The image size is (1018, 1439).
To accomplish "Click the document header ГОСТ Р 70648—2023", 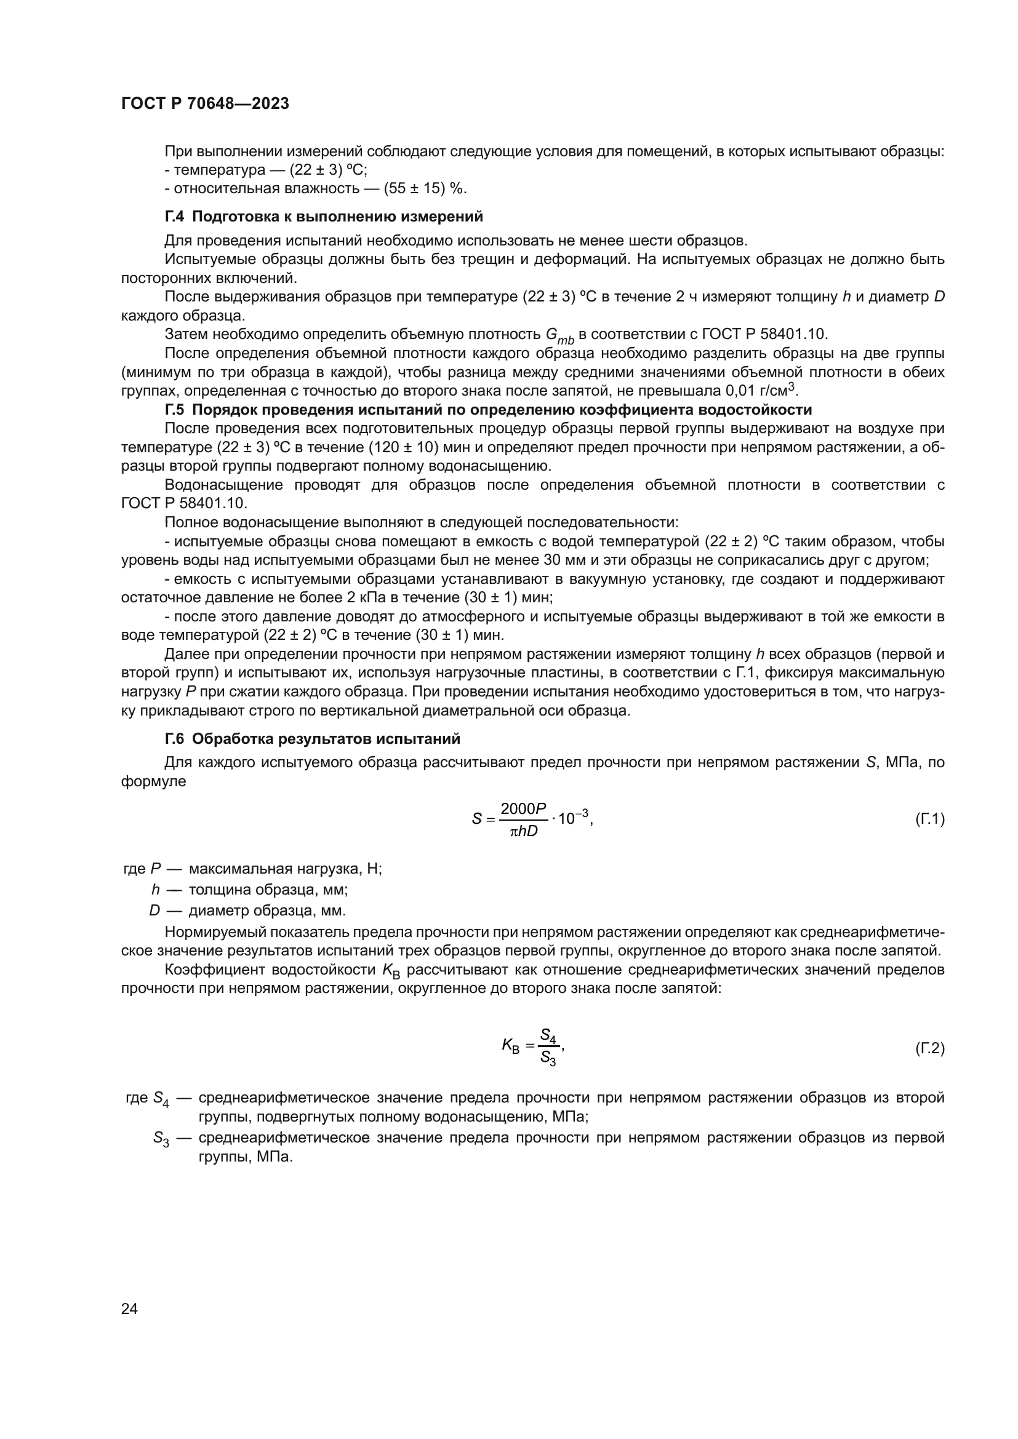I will [205, 104].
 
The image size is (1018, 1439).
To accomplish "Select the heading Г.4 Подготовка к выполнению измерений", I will [324, 217].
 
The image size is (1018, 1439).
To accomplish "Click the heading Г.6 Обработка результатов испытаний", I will [312, 739].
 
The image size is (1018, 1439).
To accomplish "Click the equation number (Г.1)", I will [929, 818].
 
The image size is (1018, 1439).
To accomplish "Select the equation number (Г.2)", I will [929, 1046].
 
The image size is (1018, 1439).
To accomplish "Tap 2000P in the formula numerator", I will [523, 808].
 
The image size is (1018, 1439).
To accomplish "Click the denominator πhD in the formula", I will [523, 832].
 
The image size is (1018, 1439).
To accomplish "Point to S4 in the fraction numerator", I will [548, 1035].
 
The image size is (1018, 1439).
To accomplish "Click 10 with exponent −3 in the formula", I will [573, 818].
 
